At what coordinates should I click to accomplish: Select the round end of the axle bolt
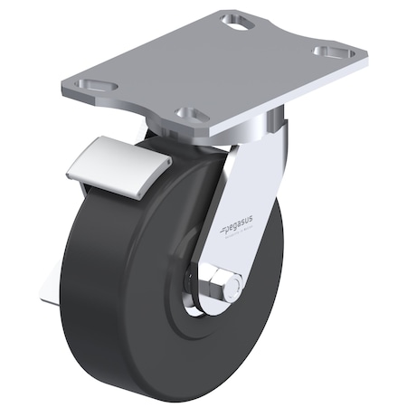pos(232,289)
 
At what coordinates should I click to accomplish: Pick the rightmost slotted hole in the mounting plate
pos(335,52)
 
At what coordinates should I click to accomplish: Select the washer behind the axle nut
pos(197,288)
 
